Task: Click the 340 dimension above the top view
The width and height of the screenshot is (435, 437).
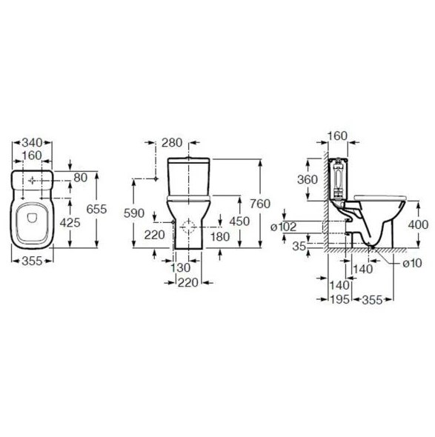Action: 32,143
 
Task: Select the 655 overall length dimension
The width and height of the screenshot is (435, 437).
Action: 96,209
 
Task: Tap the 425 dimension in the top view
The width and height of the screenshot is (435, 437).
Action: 70,222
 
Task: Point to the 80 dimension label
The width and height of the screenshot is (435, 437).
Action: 81,178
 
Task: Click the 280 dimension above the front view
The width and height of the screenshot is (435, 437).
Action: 172,143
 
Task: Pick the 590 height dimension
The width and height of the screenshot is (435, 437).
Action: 134,213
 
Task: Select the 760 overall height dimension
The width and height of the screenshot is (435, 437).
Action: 260,204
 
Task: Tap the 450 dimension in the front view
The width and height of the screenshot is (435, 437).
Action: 239,221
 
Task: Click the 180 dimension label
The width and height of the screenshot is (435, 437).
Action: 220,236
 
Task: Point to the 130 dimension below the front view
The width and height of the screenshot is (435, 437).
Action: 180,268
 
